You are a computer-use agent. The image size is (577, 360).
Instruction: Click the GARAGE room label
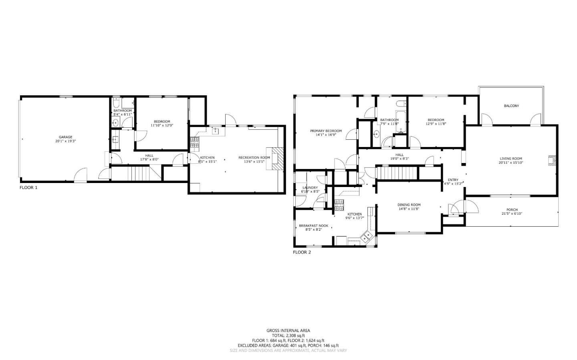(66, 137)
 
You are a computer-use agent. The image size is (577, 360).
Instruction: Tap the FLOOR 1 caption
(28, 187)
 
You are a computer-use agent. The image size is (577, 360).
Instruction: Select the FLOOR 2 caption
(302, 252)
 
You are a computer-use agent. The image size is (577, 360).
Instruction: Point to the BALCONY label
(511, 106)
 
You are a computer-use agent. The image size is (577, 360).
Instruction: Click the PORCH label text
(512, 209)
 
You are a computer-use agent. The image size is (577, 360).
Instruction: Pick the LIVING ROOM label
(511, 158)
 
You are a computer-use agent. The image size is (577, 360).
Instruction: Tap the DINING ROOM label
(409, 205)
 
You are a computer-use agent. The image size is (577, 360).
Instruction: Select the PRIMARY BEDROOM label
(326, 131)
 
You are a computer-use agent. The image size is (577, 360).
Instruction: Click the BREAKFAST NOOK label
(313, 225)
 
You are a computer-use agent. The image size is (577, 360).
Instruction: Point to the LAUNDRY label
(310, 187)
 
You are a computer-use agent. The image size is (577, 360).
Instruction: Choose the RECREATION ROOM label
(254, 157)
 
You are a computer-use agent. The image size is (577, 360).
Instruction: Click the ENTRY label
(453, 180)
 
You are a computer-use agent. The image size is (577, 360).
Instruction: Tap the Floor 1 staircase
(139, 174)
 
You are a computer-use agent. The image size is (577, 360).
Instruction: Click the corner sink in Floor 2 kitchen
(367, 237)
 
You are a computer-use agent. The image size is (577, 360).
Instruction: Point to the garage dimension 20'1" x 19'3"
(66, 141)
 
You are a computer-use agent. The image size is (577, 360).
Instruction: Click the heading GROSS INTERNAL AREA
(288, 330)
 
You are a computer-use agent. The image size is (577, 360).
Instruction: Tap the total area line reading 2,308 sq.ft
(288, 336)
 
